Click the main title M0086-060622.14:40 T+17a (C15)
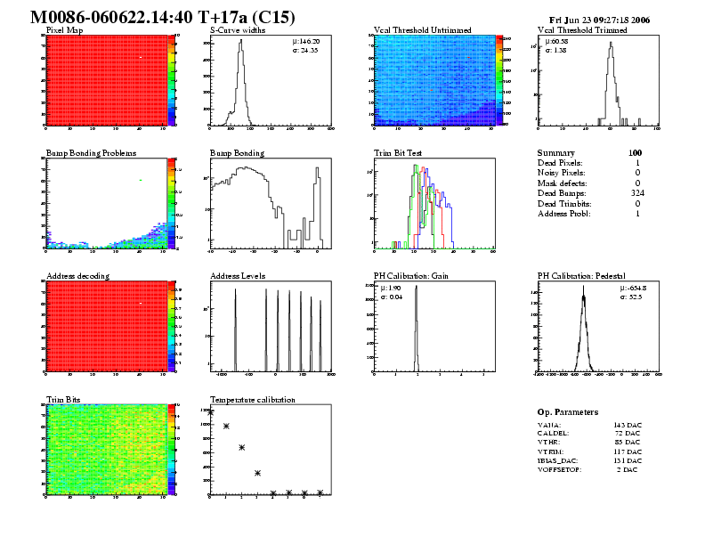(163, 18)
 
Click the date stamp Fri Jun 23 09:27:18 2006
(612, 20)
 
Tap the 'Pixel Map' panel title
(64, 30)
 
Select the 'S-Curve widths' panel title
(236, 30)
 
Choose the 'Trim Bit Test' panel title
(398, 153)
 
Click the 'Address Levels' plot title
(238, 276)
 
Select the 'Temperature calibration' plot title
(252, 399)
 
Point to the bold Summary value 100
(635, 153)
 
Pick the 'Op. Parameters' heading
(568, 412)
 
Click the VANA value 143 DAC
(628, 425)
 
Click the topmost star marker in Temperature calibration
(211, 412)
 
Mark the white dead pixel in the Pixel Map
(141, 59)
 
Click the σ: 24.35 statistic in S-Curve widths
(305, 50)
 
